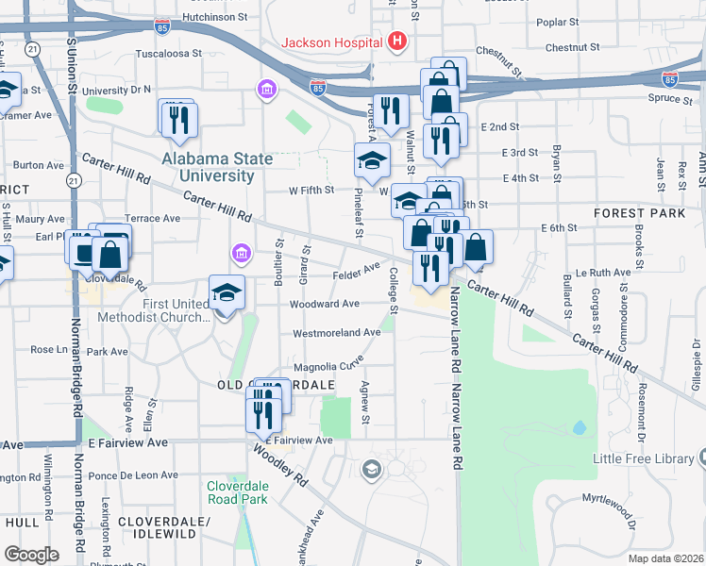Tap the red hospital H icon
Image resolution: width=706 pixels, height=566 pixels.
click(x=396, y=42)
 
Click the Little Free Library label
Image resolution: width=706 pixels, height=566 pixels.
click(x=644, y=458)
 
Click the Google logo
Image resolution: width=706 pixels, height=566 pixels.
click(x=31, y=554)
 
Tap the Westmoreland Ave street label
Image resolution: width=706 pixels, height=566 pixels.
click(x=336, y=333)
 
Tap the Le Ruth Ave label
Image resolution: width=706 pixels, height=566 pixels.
click(x=603, y=272)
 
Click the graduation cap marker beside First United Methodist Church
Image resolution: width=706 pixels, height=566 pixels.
click(x=227, y=293)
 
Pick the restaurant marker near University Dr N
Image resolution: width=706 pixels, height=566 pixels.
click(x=177, y=119)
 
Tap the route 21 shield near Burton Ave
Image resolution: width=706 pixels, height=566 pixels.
click(x=73, y=179)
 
